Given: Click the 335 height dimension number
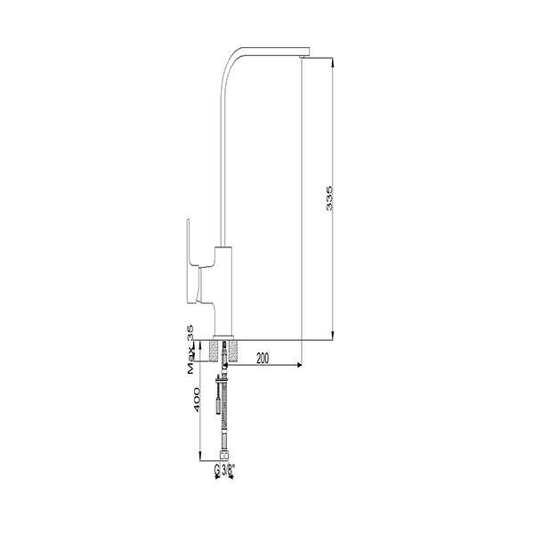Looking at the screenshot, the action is (329, 198).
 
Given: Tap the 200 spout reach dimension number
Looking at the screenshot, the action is (263, 359).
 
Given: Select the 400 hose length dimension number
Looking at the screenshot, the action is (197, 400).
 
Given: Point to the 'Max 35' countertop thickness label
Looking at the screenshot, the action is (190, 350).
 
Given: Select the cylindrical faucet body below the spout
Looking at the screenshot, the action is (223, 290).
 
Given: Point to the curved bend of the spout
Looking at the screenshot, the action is (229, 64).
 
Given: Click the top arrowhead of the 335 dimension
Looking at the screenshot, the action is (332, 62).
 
